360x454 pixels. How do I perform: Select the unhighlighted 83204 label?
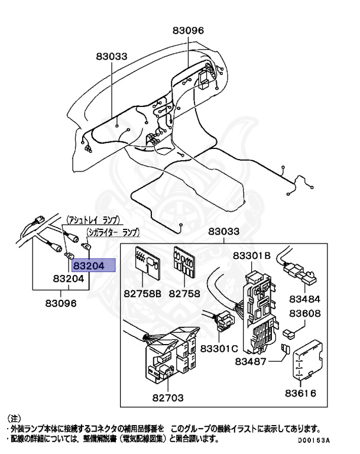click(68, 278)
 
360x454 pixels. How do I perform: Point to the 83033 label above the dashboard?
click(112, 56)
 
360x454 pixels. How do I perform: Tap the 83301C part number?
click(218, 348)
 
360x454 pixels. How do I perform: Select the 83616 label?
click(300, 393)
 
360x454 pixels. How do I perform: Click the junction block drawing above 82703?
click(168, 358)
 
